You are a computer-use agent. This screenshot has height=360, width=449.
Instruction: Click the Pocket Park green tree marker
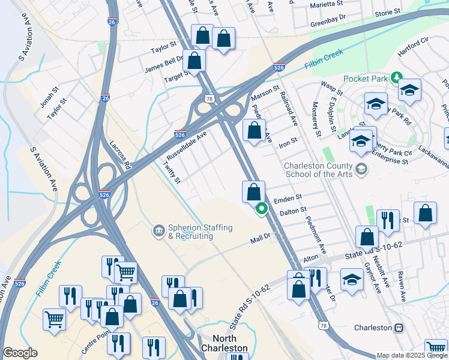pyautogui.click(x=396, y=78)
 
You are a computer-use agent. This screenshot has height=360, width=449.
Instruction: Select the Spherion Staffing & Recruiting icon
pyautogui.click(x=158, y=230)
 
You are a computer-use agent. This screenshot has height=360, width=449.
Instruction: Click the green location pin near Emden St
pyautogui.click(x=262, y=209)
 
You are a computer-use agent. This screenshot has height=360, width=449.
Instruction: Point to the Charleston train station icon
pyautogui.click(x=398, y=328)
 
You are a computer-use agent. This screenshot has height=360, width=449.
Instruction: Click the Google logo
pyautogui.click(x=20, y=353)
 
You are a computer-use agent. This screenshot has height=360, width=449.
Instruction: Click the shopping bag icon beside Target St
pyautogui.click(x=194, y=60)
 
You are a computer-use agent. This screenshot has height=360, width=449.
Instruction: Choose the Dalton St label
pyautogui.click(x=294, y=211)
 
